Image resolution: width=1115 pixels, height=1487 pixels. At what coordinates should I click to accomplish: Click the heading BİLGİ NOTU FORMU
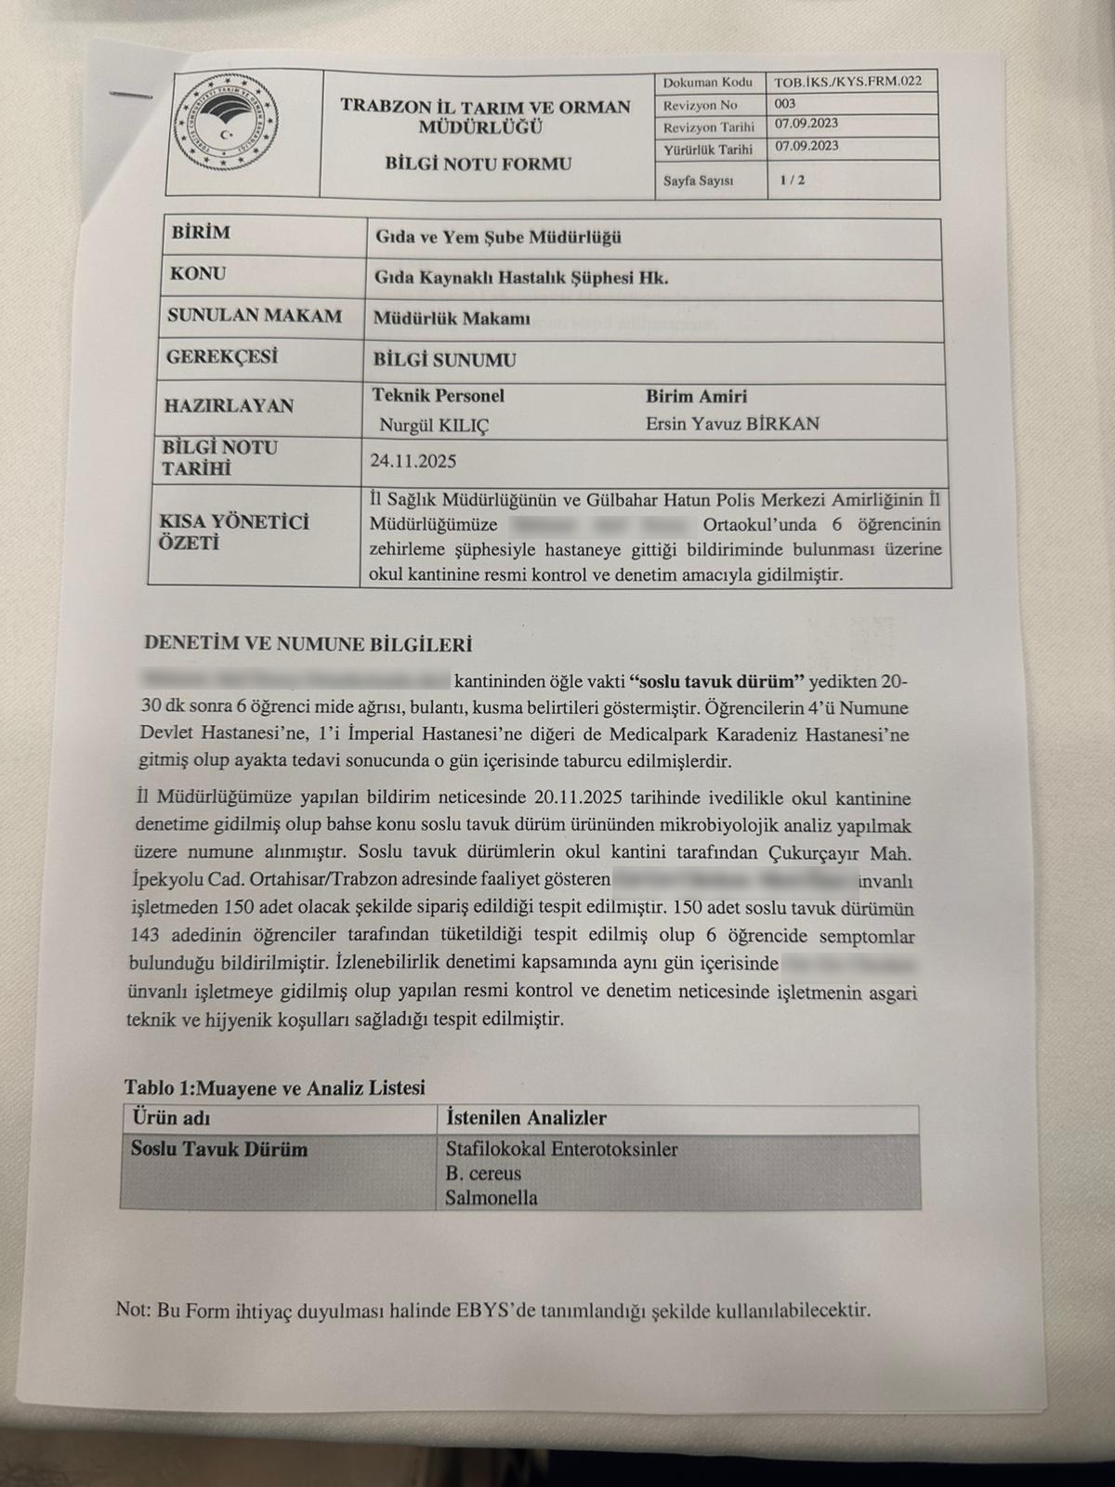479,164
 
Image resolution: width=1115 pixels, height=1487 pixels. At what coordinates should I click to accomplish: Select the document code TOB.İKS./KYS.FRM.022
847,82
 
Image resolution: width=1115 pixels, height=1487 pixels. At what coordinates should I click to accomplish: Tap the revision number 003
784,104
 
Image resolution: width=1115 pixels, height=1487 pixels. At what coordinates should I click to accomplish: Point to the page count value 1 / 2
793,180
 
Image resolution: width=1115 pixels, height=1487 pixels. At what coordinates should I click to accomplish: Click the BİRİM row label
201,232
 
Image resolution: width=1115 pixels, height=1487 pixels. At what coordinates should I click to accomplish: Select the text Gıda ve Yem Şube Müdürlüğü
498,237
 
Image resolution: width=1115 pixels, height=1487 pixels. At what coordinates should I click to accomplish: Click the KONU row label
198,274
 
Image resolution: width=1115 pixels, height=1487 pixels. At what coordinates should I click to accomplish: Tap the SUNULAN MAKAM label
255,316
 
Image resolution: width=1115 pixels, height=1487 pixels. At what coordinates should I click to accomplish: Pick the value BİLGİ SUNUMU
444,360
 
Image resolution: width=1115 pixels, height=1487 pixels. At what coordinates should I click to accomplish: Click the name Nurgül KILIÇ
434,426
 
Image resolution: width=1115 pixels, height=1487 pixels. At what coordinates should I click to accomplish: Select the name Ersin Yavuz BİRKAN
732,424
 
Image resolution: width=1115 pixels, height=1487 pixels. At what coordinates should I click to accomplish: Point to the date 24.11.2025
413,461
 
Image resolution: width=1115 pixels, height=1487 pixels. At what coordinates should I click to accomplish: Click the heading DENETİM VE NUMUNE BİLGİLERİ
308,643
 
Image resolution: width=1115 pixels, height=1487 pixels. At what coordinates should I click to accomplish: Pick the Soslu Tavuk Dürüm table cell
219,1150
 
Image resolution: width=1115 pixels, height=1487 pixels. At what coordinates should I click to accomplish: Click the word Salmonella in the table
491,1198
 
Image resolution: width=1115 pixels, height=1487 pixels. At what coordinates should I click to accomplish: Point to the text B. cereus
483,1174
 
